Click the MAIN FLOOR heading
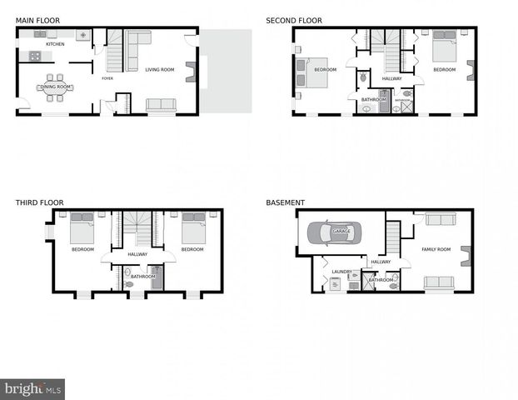[x=37, y=19]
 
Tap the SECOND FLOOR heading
[x=294, y=19]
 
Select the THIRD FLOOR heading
[x=39, y=202]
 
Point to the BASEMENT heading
[x=285, y=202]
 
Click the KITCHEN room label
[x=55, y=44]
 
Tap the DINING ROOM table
[x=57, y=87]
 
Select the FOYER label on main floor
[x=107, y=78]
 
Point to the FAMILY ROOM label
[x=436, y=249]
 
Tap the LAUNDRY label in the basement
[x=342, y=272]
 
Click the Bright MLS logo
[x=32, y=389]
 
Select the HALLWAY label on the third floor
[x=137, y=254]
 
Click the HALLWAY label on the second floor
[x=391, y=78]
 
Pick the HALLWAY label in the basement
[x=381, y=262]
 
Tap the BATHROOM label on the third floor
[x=142, y=276]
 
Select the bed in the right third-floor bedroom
[x=193, y=228]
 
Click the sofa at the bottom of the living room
[x=161, y=105]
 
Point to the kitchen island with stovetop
[x=35, y=57]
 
